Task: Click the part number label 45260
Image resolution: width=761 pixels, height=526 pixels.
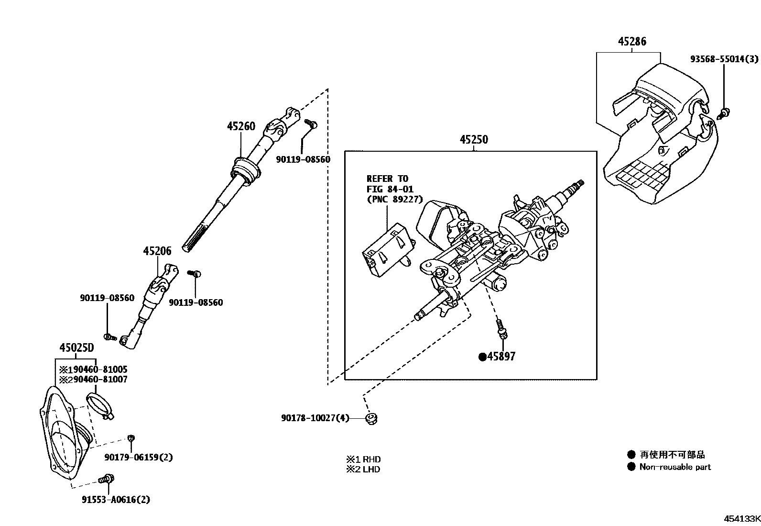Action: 241,126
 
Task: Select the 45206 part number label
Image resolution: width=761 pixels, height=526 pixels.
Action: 157,251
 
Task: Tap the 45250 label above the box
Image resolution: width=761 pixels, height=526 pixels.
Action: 474,140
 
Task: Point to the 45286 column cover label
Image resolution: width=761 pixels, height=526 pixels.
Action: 632,42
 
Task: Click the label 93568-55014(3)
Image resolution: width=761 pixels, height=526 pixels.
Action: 724,59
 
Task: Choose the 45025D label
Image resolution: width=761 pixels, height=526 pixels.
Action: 76,348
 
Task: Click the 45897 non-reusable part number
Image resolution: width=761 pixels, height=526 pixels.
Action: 501,357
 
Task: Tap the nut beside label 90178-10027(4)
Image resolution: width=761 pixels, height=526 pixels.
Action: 370,419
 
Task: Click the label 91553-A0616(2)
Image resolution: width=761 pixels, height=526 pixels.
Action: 116,500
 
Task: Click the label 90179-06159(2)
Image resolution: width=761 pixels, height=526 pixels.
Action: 139,457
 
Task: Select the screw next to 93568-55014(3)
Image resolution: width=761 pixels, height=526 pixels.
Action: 725,113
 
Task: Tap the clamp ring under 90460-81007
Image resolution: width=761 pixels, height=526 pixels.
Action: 99,405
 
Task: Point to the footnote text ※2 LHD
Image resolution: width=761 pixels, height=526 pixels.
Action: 363,470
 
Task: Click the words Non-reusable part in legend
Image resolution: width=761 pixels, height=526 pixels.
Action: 675,467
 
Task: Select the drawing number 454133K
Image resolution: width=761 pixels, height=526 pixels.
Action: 741,519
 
